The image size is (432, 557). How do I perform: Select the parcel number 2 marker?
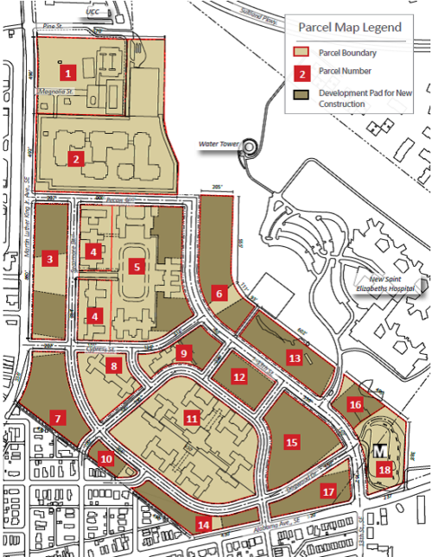77,159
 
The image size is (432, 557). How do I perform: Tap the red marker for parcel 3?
53,258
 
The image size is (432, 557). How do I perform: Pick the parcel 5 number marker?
136,267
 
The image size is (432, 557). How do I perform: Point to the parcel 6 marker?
220,294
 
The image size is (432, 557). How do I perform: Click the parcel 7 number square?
58,419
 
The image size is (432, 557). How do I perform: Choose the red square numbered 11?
192,418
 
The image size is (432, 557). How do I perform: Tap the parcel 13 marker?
295,357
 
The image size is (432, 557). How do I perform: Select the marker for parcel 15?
291,441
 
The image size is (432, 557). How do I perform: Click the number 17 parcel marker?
327,491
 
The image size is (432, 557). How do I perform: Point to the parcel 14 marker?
203,523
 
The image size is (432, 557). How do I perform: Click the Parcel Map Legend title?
349,28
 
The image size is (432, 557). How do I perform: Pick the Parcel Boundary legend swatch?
300,53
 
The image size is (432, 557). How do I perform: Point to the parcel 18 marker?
384,469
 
